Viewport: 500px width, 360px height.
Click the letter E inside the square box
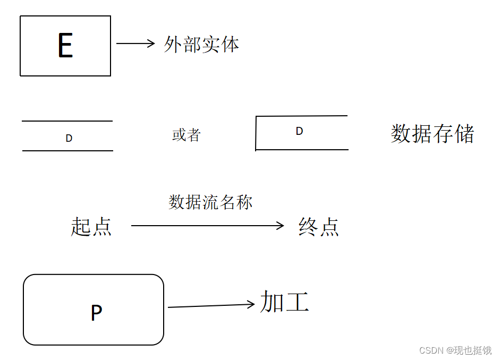point(65,46)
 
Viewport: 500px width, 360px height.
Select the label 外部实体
point(201,45)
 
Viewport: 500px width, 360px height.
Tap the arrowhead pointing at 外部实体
point(152,44)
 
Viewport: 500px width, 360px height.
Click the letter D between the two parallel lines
point(69,138)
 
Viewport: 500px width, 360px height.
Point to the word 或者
point(186,135)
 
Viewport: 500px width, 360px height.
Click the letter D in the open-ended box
point(299,131)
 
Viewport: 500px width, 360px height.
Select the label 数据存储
point(432,134)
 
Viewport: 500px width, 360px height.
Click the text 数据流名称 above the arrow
point(210,202)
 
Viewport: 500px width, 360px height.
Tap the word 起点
point(91,227)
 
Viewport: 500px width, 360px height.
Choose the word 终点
point(319,227)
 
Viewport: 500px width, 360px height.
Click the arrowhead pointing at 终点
point(282,226)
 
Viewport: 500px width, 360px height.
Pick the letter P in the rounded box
point(96,313)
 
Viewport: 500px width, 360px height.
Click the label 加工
point(284,302)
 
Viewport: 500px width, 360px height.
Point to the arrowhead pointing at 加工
point(252,304)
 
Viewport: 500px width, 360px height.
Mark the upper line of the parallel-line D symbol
point(67,121)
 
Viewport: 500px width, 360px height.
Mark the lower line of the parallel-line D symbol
point(67,151)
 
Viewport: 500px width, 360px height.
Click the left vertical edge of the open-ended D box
point(256,133)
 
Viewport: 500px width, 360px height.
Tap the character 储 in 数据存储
point(464,134)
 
